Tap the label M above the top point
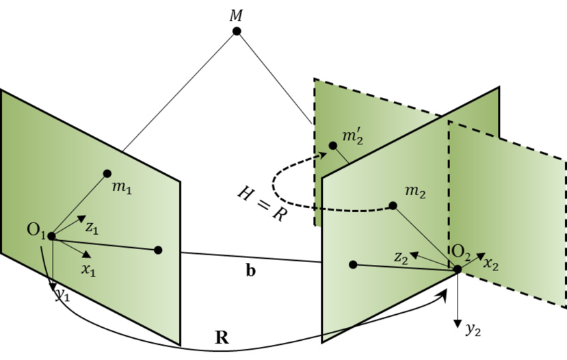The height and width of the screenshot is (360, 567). [237, 13]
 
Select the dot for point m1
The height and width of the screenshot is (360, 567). [107, 173]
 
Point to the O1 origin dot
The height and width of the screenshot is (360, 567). [52, 236]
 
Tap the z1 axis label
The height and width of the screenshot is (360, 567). [92, 227]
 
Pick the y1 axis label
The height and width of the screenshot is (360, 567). [63, 295]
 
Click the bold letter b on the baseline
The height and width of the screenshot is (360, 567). [251, 271]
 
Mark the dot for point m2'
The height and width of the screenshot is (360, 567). [333, 145]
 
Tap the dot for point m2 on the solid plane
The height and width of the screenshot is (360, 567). [393, 205]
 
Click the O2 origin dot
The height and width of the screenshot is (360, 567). [457, 268]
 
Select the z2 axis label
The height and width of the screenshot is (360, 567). [401, 257]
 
